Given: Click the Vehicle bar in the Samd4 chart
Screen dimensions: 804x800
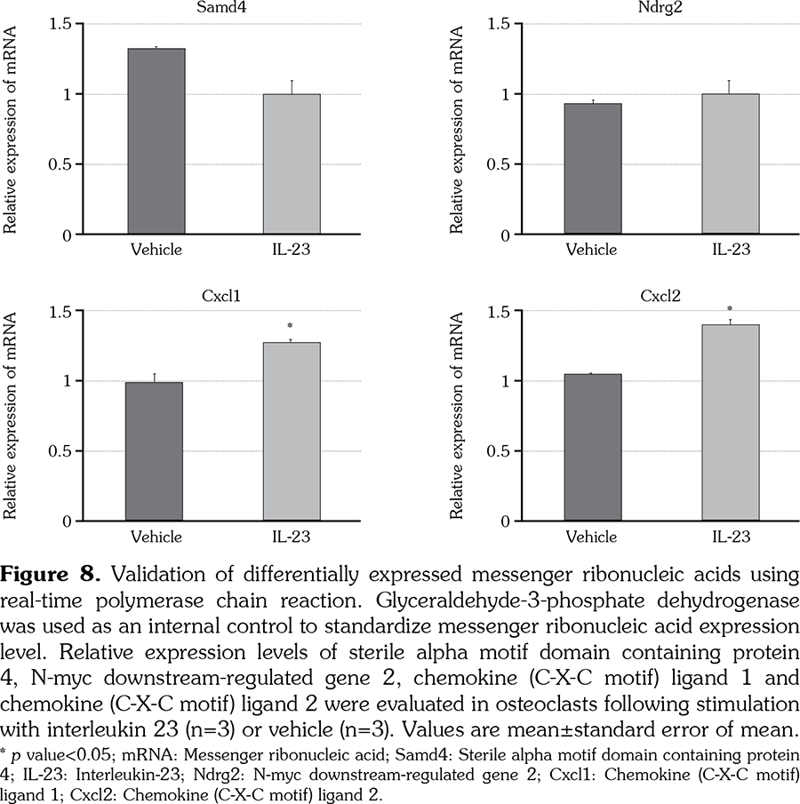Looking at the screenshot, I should pyautogui.click(x=156, y=142).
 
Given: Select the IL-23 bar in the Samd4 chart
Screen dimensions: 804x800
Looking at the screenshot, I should pyautogui.click(x=292, y=164).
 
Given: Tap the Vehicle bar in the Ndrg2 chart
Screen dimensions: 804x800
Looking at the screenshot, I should pyautogui.click(x=593, y=169).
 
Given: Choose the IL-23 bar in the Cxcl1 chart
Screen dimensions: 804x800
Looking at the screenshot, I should pyautogui.click(x=292, y=431).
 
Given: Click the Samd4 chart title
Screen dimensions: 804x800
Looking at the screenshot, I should pyautogui.click(x=223, y=8).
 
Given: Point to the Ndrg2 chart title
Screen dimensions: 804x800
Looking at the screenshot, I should pyautogui.click(x=661, y=8).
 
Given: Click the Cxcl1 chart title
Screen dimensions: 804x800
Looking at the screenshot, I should pyautogui.click(x=223, y=295).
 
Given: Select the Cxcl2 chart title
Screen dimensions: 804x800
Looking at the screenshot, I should pyautogui.click(x=661, y=295).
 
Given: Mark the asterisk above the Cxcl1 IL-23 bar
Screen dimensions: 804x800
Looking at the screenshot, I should pyautogui.click(x=291, y=326).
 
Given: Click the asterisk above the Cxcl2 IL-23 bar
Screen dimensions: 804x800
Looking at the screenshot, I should pyautogui.click(x=730, y=309).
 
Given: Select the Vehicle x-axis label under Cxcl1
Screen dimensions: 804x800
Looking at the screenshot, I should pyautogui.click(x=156, y=537).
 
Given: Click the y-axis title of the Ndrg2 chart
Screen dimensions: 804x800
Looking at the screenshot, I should pyautogui.click(x=458, y=129).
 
